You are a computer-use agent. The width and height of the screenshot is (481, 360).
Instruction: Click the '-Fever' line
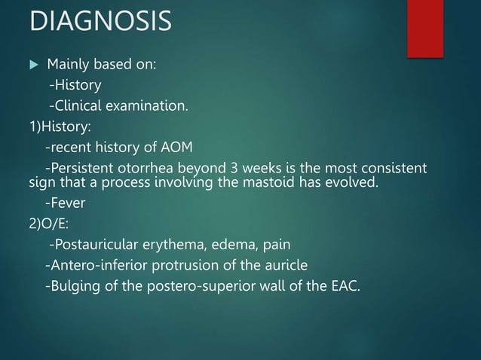tap(66, 202)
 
